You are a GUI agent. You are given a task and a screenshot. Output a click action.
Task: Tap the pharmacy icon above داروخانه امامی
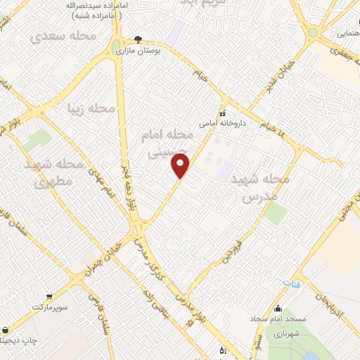click(x=222, y=114)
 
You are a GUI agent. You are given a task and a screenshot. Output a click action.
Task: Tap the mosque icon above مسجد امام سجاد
click(x=279, y=308)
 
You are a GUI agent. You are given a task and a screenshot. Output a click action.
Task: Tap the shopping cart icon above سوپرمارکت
click(x=49, y=297)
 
